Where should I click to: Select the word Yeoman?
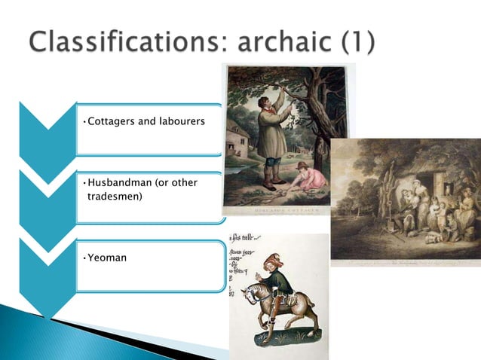pos(108,258)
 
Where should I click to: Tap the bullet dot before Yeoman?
pos(84,258)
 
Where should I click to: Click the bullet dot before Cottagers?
pos(84,121)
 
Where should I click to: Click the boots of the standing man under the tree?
pos(269,181)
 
